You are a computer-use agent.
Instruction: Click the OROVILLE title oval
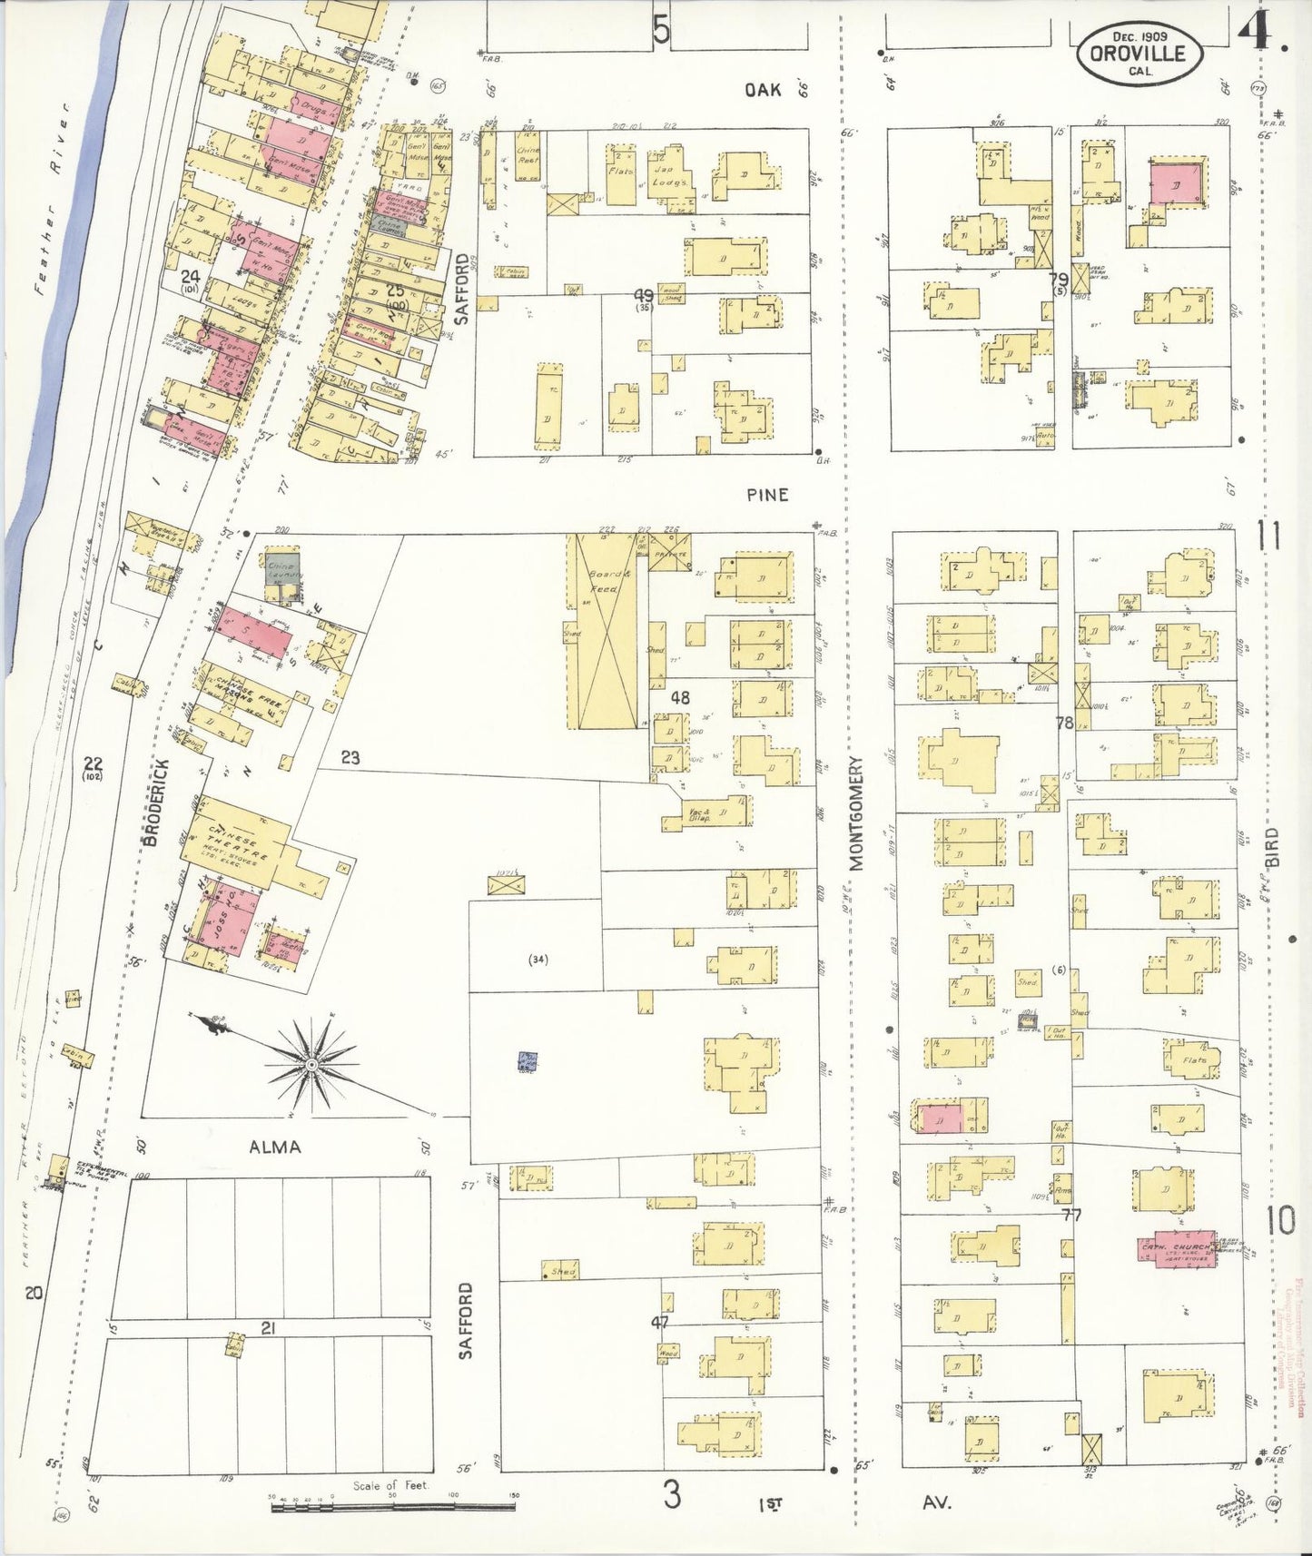tap(1141, 52)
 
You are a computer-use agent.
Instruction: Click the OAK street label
tap(764, 89)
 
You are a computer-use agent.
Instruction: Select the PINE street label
tap(767, 495)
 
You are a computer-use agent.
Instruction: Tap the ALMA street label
tap(274, 1147)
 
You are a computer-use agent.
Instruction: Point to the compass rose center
tap(311, 1063)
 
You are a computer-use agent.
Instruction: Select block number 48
tap(680, 699)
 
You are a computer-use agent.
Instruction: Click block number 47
tap(660, 1324)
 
